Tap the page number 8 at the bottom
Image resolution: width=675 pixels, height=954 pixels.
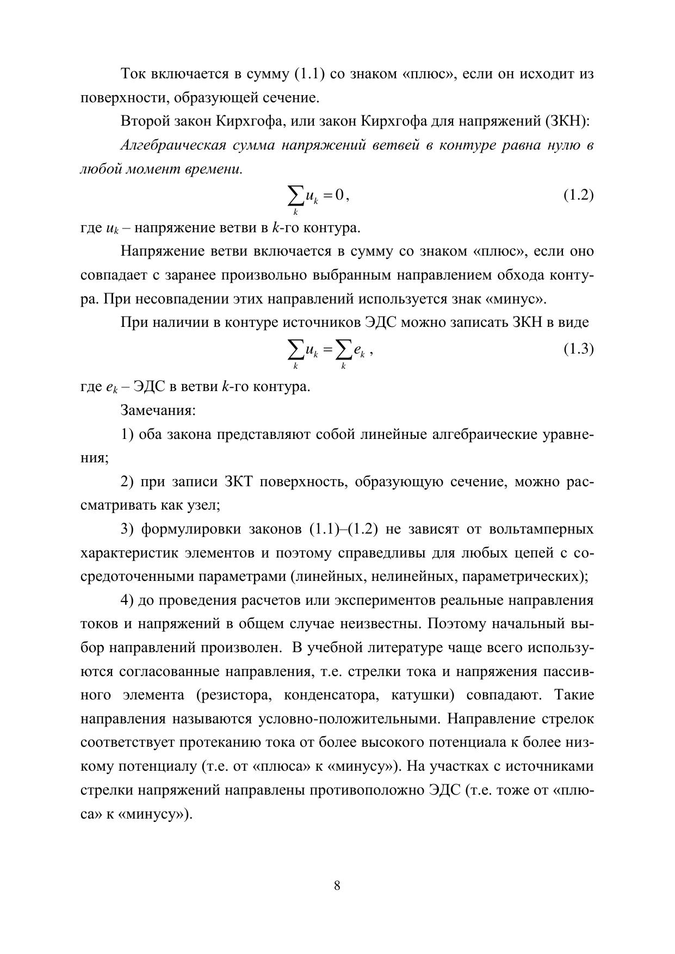pyautogui.click(x=337, y=886)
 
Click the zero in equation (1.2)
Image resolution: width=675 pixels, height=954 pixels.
pyautogui.click(x=339, y=195)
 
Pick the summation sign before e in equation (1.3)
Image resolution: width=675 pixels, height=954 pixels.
pyautogui.click(x=343, y=351)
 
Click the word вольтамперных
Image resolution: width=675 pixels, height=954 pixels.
pyautogui.click(x=541, y=529)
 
